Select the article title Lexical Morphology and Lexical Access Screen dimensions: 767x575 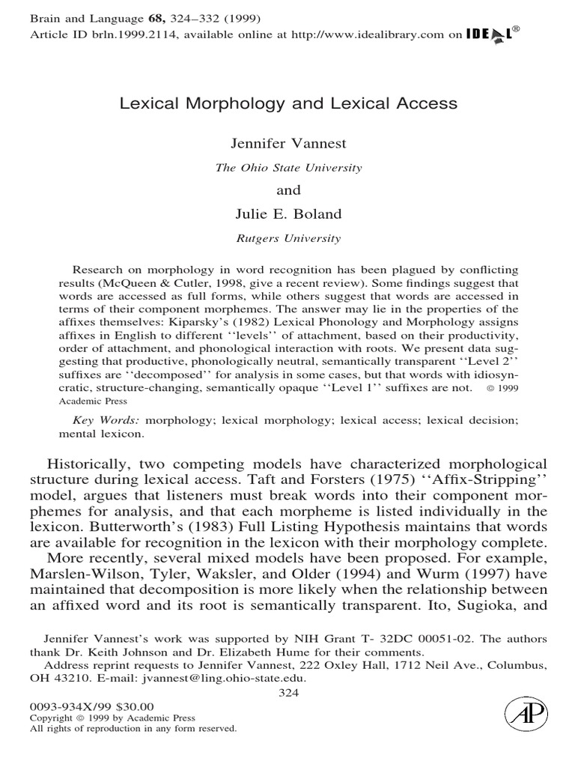(x=288, y=105)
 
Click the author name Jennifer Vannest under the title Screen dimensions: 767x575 (x=288, y=142)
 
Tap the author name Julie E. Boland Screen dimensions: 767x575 (x=288, y=215)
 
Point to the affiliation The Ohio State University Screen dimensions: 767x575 (x=288, y=167)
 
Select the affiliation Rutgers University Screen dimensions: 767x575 (x=288, y=239)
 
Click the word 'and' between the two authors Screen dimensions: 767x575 (x=288, y=191)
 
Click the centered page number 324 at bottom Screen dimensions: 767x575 (x=288, y=693)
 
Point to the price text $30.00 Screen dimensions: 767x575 (x=137, y=706)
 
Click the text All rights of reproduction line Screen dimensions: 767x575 (x=132, y=728)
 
